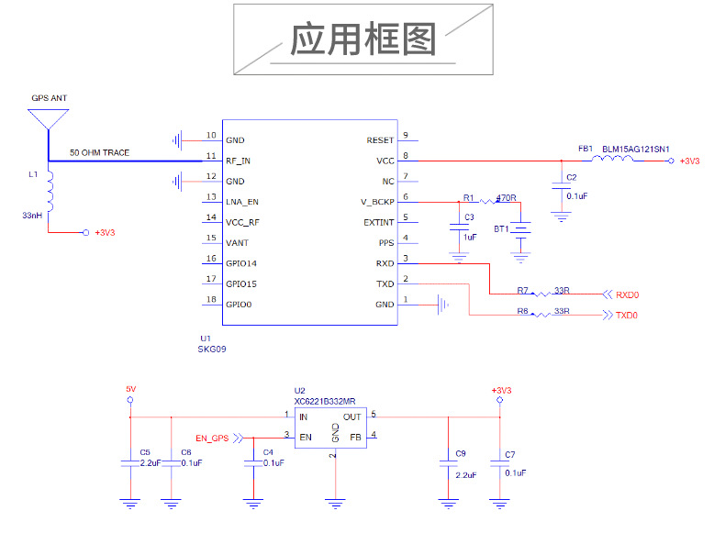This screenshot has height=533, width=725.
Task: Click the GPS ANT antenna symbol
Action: pyautogui.click(x=49, y=118)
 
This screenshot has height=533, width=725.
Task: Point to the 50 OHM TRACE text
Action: pyautogui.click(x=99, y=152)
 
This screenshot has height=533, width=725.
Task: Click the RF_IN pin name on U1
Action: pyautogui.click(x=239, y=161)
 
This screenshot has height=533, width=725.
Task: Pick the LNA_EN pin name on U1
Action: pyautogui.click(x=242, y=202)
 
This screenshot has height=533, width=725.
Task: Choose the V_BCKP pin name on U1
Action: pyautogui.click(x=376, y=202)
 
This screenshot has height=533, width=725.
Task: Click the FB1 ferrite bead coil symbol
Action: pyautogui.click(x=612, y=160)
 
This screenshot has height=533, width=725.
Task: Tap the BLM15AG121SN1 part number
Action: pyautogui.click(x=635, y=148)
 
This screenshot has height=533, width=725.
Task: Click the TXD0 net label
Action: pyautogui.click(x=627, y=316)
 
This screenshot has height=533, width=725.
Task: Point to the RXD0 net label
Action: pyautogui.click(x=627, y=295)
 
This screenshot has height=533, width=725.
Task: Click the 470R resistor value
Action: pyautogui.click(x=506, y=197)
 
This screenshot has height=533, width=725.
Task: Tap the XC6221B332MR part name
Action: pyautogui.click(x=325, y=402)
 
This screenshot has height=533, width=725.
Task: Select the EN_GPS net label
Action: pyautogui.click(x=212, y=439)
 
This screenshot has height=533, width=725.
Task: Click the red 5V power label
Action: pyautogui.click(x=130, y=390)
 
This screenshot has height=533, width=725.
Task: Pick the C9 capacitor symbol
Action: pyautogui.click(x=448, y=465)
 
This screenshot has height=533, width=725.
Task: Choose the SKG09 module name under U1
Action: pyautogui.click(x=212, y=350)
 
